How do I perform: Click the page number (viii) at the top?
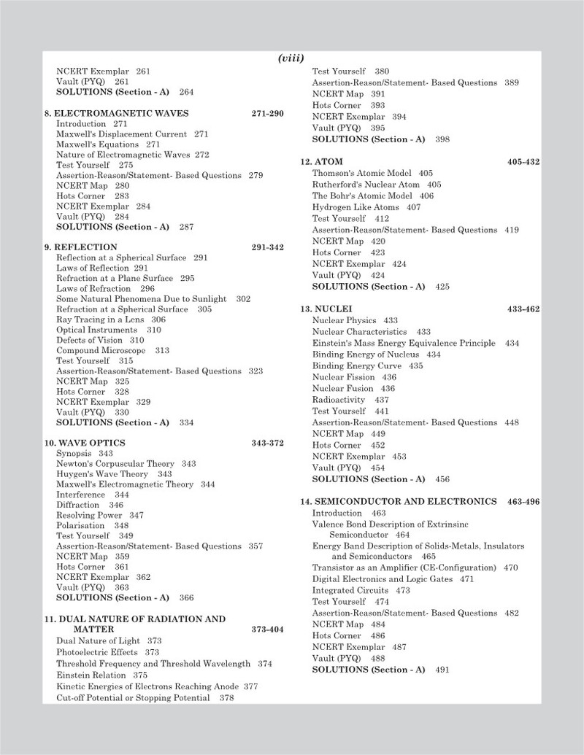pos(291,58)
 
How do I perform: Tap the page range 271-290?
pos(267,113)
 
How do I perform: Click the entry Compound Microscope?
pos(103,350)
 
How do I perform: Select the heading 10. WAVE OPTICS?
pos(85,443)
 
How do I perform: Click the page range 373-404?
pos(267,629)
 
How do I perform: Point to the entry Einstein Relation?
pos(91,676)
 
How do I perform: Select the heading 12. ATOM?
pos(322,162)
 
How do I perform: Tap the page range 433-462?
pos(523,309)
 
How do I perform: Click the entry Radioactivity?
pos(340,400)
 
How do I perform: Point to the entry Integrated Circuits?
pos(351,590)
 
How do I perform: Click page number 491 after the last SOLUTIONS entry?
pos(442,670)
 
